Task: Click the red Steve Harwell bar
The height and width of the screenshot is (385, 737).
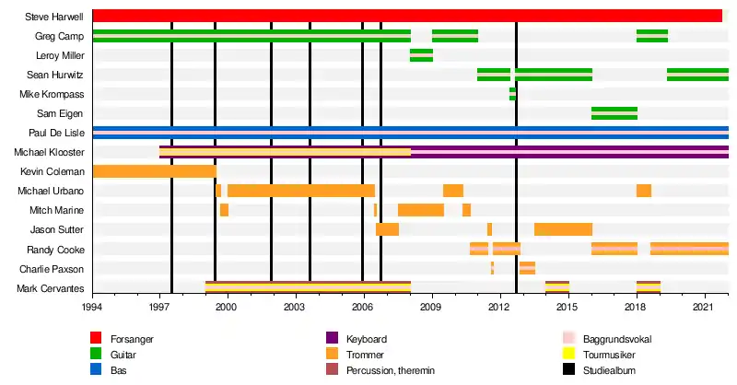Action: click(405, 16)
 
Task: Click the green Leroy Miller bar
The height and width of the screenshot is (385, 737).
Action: click(421, 55)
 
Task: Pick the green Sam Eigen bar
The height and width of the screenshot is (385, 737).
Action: click(614, 113)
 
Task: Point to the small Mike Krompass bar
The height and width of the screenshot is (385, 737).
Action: click(512, 94)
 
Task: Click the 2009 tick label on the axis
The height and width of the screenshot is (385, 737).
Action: click(431, 306)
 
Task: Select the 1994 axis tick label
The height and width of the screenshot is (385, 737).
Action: click(92, 306)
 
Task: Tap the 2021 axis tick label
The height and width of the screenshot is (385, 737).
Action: click(705, 306)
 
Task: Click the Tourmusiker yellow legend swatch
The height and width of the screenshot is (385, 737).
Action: click(568, 355)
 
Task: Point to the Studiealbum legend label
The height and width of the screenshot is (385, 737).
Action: click(610, 370)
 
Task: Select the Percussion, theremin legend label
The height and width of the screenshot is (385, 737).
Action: click(392, 370)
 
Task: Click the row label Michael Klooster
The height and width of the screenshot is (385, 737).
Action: click(50, 152)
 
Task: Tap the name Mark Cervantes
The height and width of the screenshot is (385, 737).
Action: click(51, 288)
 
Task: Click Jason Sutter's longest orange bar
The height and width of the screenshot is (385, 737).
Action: click(563, 229)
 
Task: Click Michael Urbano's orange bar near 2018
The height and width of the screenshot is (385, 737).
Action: click(643, 191)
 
